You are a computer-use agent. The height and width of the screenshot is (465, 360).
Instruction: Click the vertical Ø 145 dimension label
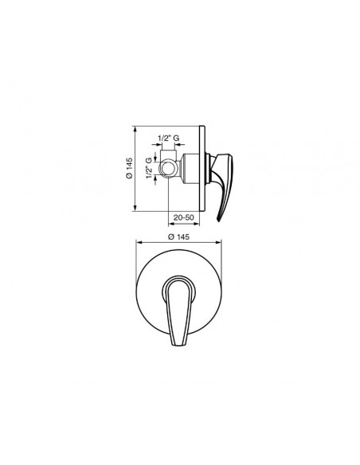130,169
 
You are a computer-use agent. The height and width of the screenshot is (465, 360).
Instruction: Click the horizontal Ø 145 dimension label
178,236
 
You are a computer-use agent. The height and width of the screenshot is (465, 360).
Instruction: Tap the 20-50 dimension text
184,217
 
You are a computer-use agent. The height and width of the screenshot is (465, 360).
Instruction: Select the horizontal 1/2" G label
168,139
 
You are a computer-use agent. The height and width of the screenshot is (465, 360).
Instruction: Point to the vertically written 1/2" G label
149,169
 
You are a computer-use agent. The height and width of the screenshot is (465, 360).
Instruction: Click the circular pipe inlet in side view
168,169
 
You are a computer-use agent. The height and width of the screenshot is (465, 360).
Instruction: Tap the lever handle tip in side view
219,220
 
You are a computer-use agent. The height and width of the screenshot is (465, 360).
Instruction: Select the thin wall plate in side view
202,169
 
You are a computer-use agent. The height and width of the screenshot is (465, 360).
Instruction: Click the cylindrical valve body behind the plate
191,169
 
